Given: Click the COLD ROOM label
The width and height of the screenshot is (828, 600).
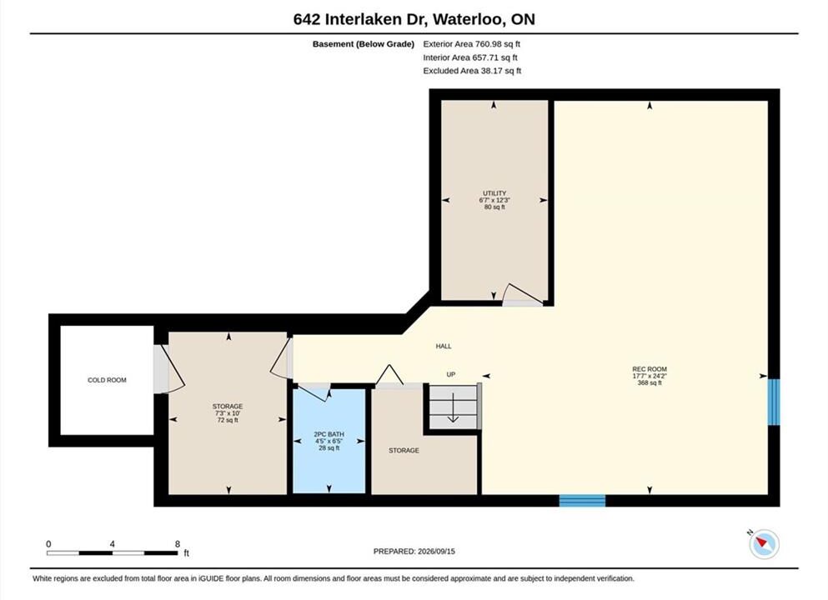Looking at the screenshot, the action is (107, 380).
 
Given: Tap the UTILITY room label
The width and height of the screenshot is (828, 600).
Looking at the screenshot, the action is (494, 193).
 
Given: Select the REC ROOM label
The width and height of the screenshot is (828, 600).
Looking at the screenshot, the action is (650, 369).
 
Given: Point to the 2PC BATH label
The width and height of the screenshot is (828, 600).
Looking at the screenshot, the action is (329, 434).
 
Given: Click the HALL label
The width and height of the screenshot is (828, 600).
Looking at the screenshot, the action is (444, 346).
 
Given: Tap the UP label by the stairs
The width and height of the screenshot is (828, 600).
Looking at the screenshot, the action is (451, 374).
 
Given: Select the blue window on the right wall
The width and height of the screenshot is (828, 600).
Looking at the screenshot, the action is (773, 402).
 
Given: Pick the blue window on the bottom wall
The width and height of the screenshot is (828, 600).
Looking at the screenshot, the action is (582, 500).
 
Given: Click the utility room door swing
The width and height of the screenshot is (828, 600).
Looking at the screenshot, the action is (522, 295).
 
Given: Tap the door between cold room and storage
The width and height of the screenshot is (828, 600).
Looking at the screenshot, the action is (168, 369).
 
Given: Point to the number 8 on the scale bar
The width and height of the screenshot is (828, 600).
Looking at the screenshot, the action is (178, 544).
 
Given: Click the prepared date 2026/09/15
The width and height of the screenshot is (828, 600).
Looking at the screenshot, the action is (436, 552).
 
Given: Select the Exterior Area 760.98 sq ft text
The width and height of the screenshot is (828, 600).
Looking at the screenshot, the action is (472, 44).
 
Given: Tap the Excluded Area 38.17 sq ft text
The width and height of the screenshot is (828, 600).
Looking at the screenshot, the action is (472, 71).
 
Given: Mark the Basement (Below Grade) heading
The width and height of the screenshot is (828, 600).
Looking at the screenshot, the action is (364, 44).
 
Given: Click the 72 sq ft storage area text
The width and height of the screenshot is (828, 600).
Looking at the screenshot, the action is (228, 420).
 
